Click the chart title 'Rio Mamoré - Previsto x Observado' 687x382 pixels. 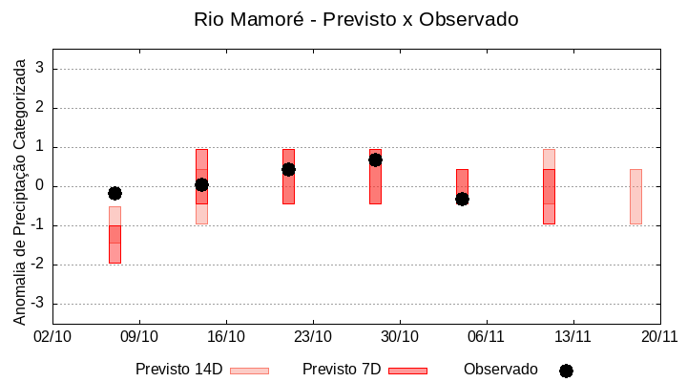point(356,19)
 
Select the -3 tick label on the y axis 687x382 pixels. point(38,304)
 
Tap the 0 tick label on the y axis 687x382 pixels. point(41,186)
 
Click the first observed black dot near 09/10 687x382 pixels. point(114,193)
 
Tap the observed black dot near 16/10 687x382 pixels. point(201,184)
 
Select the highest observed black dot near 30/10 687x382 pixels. point(375,159)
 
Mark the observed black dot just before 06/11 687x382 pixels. point(462,199)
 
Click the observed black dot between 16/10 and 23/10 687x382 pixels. point(288,169)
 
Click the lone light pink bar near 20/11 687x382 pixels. point(635,196)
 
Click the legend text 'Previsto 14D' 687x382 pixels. point(178,370)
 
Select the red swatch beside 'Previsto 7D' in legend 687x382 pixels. point(407,370)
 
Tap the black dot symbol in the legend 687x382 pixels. point(566,371)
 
